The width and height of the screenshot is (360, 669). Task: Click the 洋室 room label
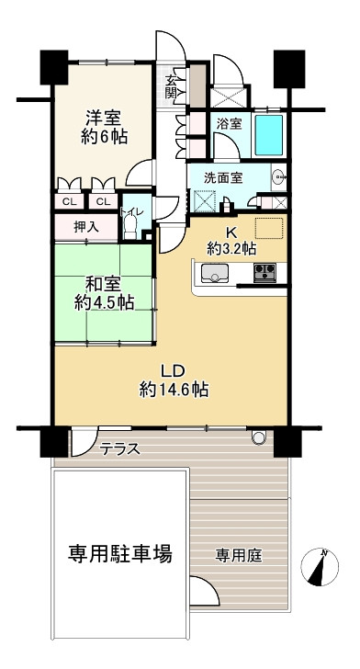(x=104, y=117)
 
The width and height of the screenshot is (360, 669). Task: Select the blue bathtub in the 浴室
(x=269, y=135)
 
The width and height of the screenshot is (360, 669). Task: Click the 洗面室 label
(x=223, y=177)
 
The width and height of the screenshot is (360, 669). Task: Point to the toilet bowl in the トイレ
(x=129, y=225)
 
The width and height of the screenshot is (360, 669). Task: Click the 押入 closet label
(x=86, y=227)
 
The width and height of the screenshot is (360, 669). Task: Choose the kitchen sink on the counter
(x=215, y=273)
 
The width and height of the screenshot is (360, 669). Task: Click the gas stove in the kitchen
(x=264, y=273)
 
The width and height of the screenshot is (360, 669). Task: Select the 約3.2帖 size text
(x=231, y=249)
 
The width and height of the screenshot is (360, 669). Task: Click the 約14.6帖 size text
(x=174, y=389)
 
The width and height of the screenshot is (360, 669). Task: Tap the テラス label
(x=120, y=448)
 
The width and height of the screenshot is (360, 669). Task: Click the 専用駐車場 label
(x=120, y=554)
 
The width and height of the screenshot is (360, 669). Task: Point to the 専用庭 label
(x=239, y=555)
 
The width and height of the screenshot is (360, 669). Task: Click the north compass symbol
(x=320, y=567)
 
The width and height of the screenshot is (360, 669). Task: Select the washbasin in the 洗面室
(x=279, y=175)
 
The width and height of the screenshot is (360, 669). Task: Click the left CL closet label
(x=70, y=202)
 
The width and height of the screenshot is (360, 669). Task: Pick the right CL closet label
(x=103, y=202)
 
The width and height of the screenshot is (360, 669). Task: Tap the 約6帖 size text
(x=104, y=137)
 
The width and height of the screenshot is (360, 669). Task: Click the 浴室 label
(x=229, y=124)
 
